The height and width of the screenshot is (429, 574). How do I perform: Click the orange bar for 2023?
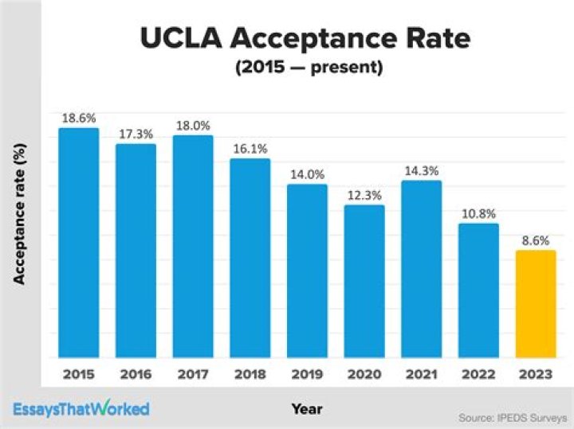[x=536, y=304]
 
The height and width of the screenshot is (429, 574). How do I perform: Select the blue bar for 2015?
[x=78, y=243]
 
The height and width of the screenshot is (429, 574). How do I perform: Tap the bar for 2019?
[x=307, y=271]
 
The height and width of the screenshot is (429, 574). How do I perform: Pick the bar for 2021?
[x=421, y=269]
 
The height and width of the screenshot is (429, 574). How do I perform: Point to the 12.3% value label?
[x=364, y=194]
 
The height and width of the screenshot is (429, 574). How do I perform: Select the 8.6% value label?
[x=536, y=240]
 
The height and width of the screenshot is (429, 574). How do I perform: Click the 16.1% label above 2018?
[x=250, y=148]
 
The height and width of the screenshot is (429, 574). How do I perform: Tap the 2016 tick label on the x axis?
[x=136, y=373]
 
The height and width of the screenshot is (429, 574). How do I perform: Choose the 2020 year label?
[x=364, y=373]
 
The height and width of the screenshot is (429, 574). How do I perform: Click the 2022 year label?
[x=478, y=373]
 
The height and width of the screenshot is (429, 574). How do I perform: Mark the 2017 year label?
[x=193, y=373]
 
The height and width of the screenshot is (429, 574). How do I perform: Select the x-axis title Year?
[x=306, y=408]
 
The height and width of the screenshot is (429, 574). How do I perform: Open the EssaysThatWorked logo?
[x=81, y=409]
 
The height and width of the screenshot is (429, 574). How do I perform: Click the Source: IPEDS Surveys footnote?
[x=512, y=417]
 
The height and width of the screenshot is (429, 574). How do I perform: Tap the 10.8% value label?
[x=478, y=213]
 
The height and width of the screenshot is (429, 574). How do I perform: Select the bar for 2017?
[x=193, y=247]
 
